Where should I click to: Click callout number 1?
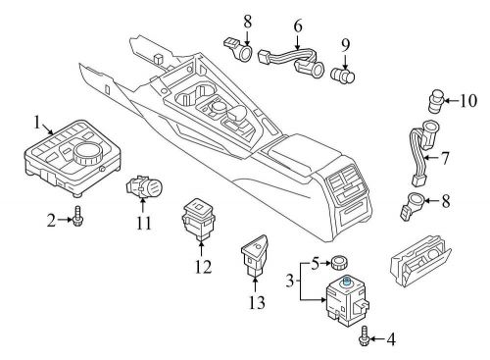tap(37, 124)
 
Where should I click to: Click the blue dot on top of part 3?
tap(348, 281)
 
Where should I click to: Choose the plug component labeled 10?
tap(437, 100)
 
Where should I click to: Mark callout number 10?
tap(466, 98)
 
